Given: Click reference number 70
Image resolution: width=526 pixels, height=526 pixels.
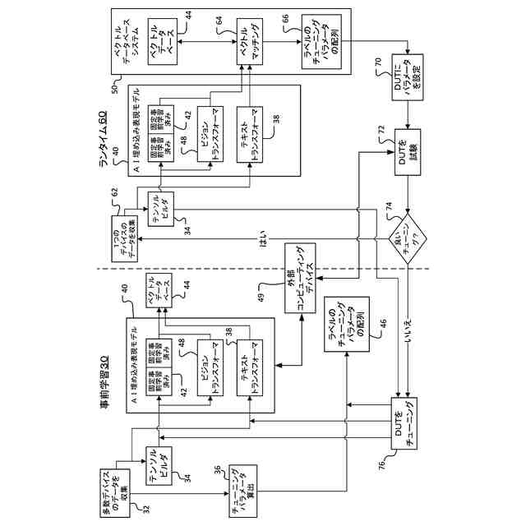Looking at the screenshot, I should pos(377,62).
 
